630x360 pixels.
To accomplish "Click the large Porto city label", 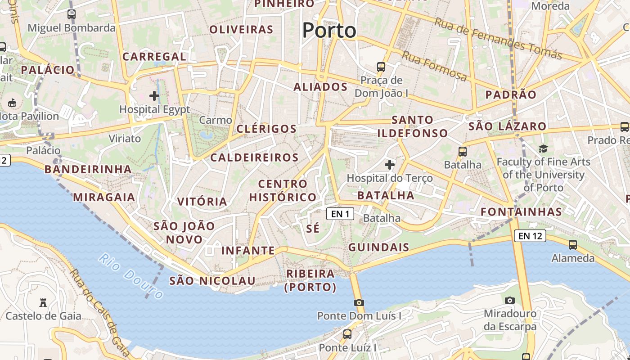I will [329, 31].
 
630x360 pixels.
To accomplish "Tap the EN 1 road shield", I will [340, 214].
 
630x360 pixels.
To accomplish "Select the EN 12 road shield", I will [530, 235].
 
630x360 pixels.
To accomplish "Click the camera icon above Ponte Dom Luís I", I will [359, 302].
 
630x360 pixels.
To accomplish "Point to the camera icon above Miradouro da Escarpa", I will [509, 300].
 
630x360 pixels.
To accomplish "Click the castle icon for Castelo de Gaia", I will [43, 302].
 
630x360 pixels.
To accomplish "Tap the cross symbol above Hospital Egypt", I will [154, 95].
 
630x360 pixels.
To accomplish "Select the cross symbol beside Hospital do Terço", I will [390, 165].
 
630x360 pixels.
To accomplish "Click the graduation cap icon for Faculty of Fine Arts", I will [543, 149].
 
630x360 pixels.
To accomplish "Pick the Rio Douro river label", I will [131, 276].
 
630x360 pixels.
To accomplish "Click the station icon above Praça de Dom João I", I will [381, 67].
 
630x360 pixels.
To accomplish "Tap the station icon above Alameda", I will [572, 244].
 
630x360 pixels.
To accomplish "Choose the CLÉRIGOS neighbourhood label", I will [266, 129].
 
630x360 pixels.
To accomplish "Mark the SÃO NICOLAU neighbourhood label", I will [212, 281].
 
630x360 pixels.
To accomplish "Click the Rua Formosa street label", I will [434, 66].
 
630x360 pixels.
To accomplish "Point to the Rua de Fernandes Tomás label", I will [498, 39].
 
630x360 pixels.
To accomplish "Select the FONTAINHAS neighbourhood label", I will [521, 211].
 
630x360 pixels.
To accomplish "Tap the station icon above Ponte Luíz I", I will [347, 334].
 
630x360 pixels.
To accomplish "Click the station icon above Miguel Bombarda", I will [71, 14].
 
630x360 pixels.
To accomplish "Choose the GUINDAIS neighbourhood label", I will [378, 247].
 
